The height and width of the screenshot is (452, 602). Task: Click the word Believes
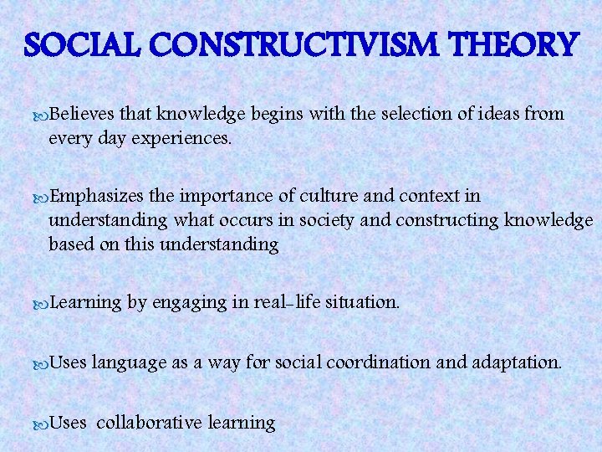(84, 113)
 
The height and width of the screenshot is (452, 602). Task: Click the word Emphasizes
(98, 196)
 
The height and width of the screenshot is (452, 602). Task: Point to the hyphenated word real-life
(275, 302)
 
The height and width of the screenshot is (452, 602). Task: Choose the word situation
(359, 302)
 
